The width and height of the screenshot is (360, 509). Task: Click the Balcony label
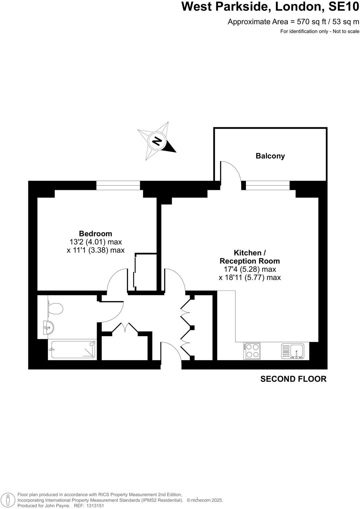[270, 156]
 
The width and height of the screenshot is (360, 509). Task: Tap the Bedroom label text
[95, 234]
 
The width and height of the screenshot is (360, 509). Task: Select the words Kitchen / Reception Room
[250, 257]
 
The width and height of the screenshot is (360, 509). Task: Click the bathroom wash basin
[48, 327]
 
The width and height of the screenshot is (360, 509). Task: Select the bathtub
[72, 349]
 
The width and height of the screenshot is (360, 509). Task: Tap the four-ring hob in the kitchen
[252, 351]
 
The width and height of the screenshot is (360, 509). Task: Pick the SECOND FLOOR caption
[293, 379]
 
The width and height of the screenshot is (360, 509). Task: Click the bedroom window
[118, 186]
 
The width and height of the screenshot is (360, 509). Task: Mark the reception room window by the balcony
[268, 186]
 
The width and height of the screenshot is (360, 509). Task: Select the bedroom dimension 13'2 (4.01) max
[96, 242]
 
